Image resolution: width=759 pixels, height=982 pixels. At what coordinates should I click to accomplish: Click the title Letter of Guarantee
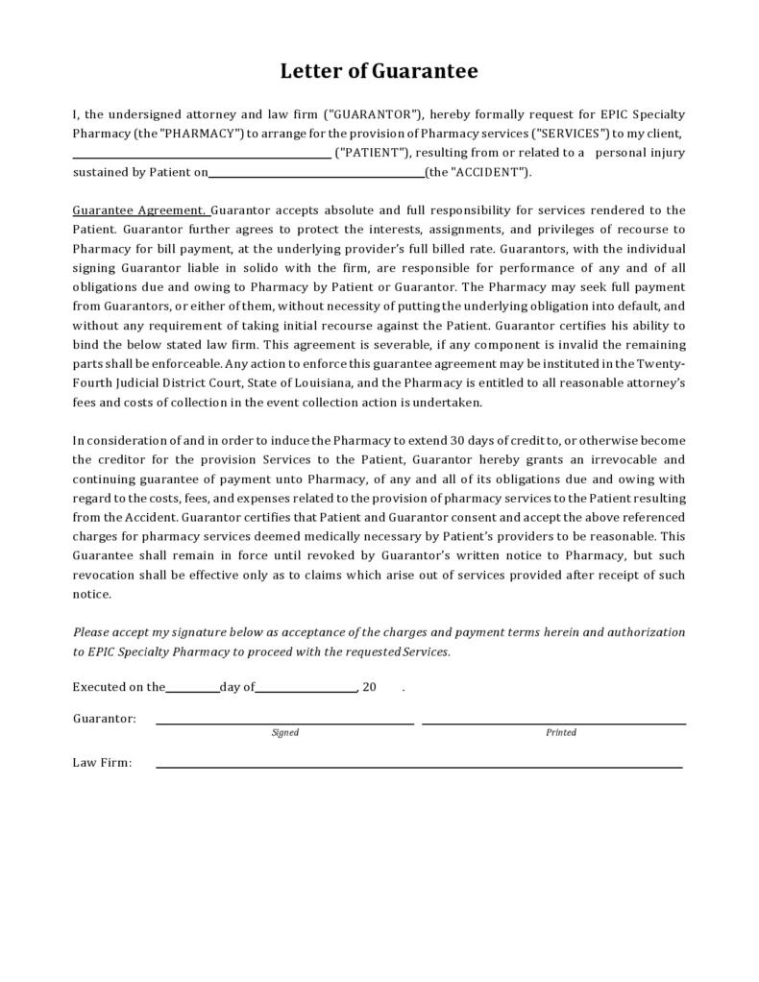pos(379,71)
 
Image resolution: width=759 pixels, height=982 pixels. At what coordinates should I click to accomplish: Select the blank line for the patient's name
pos(202,154)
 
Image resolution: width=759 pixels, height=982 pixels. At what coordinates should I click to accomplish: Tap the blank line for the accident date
pos(316,174)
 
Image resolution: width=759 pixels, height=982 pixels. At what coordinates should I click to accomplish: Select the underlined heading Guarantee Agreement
pos(139,210)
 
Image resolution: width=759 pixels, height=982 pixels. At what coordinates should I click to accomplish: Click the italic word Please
pos(90,632)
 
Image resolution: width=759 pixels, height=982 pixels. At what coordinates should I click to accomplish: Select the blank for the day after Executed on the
pos(192,689)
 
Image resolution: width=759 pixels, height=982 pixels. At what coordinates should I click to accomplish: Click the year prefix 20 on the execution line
pos(369,688)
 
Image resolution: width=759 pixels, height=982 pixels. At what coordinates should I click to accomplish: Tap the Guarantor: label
pos(104,719)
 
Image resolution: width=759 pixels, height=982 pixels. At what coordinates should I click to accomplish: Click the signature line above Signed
pos(285,722)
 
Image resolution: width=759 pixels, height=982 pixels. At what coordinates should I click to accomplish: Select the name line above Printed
pos(553,722)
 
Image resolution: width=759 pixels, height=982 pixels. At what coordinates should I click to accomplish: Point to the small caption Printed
pos(561,733)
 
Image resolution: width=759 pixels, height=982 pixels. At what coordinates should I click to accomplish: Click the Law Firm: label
pos(102,763)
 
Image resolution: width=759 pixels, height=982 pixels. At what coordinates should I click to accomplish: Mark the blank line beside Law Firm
pos(419,767)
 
